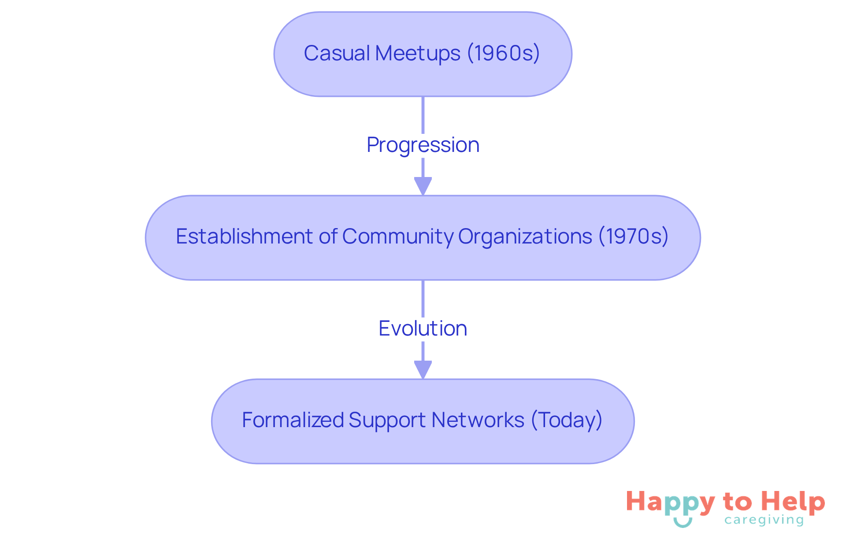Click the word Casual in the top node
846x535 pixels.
click(337, 53)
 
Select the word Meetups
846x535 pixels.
click(418, 53)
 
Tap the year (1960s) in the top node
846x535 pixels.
click(503, 53)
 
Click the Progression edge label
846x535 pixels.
click(423, 145)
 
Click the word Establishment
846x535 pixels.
click(245, 236)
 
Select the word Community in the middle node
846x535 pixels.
click(398, 236)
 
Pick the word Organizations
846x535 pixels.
click(525, 236)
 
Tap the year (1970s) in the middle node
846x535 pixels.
click(633, 236)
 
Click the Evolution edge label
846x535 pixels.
click(423, 328)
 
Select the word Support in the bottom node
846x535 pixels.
click(387, 420)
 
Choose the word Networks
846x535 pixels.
click(478, 420)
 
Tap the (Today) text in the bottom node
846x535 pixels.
click(567, 420)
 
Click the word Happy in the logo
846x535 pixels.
click(670, 502)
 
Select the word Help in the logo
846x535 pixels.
click(793, 502)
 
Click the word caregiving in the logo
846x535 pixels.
click(764, 520)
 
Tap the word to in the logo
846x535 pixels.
click(737, 502)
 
